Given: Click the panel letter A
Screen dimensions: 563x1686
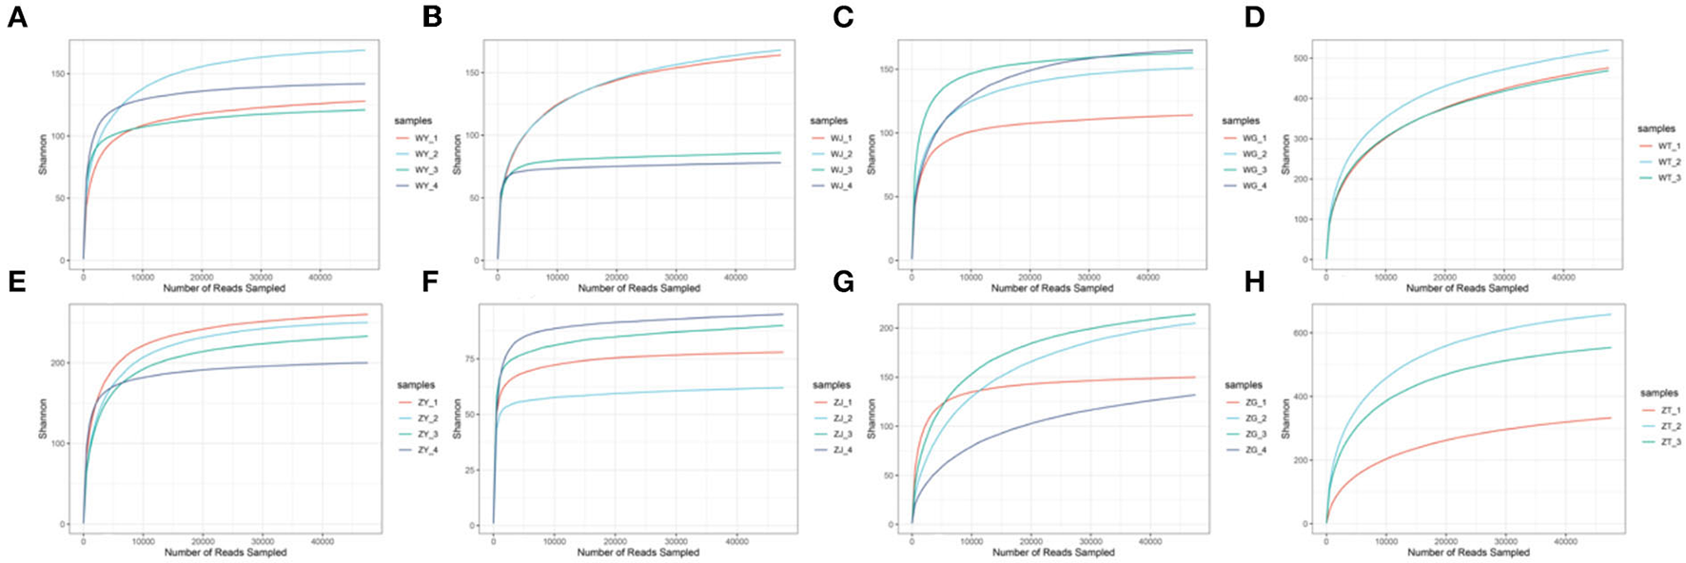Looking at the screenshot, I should pos(16,16).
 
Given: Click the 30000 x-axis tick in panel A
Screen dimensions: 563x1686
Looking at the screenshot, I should pos(261,278).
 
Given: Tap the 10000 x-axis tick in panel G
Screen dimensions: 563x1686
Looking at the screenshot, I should pos(971,542).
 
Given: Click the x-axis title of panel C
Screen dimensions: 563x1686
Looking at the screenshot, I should pos(1052,288).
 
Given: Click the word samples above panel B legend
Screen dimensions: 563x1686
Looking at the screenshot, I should pos(828,121).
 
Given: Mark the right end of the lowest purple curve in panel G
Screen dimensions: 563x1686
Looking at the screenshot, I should pos(1195,395).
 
